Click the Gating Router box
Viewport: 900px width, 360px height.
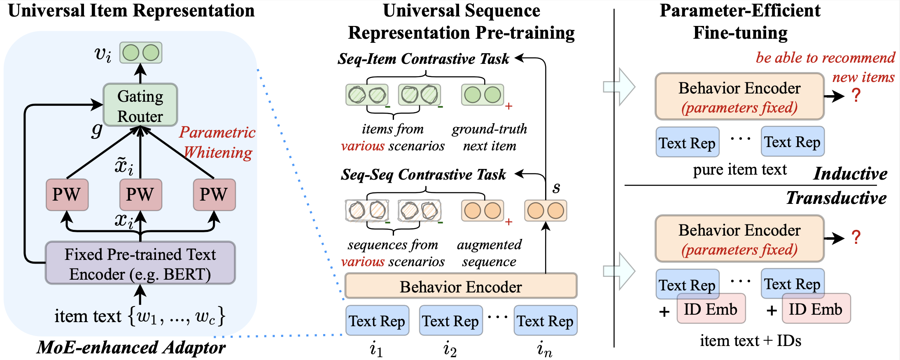pos(140,105)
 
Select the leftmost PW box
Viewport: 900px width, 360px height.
pos(67,194)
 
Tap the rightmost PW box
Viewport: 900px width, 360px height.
pos(214,194)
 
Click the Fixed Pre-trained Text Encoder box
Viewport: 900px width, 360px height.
pos(140,263)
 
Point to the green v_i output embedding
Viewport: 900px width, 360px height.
pos(141,53)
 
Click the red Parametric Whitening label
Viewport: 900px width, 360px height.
pos(217,143)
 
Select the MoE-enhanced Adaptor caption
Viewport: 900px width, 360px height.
pos(131,347)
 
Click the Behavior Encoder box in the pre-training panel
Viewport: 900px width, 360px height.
pos(461,286)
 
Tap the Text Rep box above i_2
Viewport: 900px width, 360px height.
pos(451,320)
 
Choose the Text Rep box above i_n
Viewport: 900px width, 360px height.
pos(545,320)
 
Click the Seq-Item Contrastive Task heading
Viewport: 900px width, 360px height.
pos(423,59)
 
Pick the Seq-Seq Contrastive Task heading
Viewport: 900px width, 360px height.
pos(423,175)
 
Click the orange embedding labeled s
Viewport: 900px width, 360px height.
pos(546,210)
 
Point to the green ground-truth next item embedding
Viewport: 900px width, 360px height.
pos(483,95)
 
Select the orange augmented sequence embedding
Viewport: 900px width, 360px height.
pos(483,210)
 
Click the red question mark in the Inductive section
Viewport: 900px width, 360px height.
pos(856,96)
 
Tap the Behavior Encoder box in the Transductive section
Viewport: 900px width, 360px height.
pos(739,238)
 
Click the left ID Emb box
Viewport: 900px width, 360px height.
pos(711,309)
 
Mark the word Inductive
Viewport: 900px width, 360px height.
pos(851,173)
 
